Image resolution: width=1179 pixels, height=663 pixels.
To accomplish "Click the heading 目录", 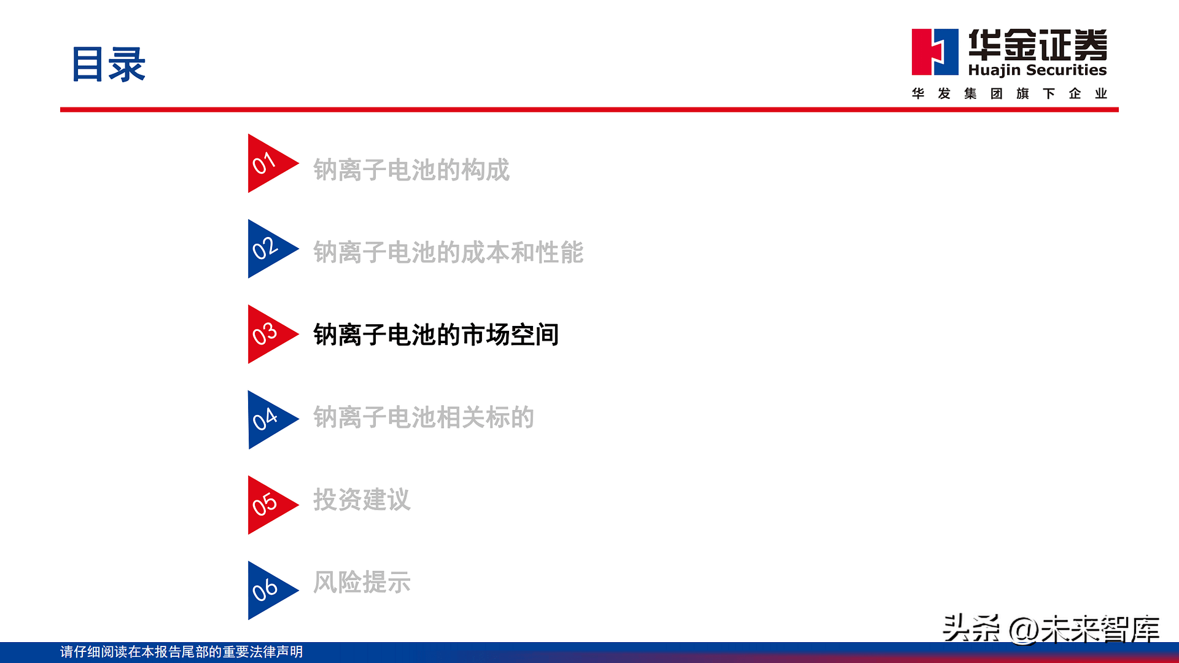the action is coord(109,64).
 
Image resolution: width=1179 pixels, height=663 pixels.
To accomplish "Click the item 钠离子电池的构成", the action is coord(411,170).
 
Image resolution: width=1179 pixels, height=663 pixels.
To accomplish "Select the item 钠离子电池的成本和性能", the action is coord(448,252).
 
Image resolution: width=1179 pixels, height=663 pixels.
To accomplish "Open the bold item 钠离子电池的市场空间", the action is coord(436,335).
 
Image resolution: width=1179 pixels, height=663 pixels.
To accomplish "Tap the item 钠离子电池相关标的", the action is coord(424,417).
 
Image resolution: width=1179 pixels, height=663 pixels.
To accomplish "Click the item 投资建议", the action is coord(362,500).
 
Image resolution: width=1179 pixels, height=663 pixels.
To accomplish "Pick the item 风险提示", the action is coord(362,582).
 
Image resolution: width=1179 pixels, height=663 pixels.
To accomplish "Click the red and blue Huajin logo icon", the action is coord(935,52).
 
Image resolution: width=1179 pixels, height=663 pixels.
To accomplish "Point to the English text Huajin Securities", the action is coord(1037,70).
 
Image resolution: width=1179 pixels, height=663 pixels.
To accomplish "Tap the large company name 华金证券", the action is coord(1038,44).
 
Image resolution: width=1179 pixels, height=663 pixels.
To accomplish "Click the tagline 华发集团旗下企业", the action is coord(1009,93).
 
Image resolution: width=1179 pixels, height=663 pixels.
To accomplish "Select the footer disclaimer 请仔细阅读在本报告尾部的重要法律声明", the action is coord(182,652).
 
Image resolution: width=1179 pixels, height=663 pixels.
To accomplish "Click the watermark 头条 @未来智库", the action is coord(1051,629).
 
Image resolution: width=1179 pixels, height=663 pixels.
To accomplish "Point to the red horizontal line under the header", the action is coord(589,110).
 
